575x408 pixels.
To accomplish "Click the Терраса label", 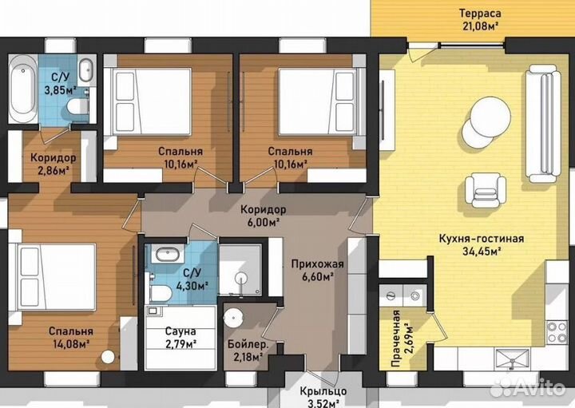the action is point(480,14).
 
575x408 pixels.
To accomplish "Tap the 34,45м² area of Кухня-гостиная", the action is point(481,252).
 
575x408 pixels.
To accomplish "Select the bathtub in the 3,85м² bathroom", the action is point(22,89).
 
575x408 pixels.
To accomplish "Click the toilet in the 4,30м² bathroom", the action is point(159,293).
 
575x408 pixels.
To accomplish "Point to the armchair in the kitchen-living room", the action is point(486,191).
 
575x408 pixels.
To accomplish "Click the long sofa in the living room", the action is point(543,124).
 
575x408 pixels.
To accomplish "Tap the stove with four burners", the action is point(557,332).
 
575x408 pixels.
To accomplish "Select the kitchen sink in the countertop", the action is point(512,358).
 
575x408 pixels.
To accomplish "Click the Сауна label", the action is point(180,331).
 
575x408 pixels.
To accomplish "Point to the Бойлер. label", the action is point(248,345).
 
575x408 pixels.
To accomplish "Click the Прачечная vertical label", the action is point(395,339).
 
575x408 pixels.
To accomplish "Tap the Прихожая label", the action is point(317,264).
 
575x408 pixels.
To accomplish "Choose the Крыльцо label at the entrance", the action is point(323,391).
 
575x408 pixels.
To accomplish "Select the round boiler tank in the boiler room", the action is point(233,319).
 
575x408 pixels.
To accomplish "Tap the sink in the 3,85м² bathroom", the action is point(86,70).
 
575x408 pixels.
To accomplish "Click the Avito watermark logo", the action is point(529,387).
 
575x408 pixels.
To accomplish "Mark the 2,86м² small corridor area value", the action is point(54,170).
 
